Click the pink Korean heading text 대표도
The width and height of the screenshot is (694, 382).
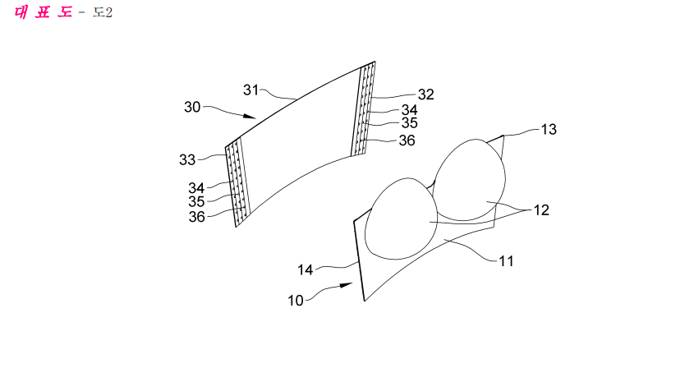coord(43,12)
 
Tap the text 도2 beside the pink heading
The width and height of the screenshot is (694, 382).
coord(102,12)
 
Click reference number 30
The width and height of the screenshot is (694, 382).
coord(192,107)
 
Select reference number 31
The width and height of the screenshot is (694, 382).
coord(251,90)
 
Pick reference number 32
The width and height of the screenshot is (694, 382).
coord(425,94)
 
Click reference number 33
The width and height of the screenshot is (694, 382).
coord(187,160)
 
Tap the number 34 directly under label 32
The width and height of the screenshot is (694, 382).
coord(409,110)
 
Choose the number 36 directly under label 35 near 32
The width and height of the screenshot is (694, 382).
coord(407,140)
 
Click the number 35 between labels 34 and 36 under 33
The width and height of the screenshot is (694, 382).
coord(196,202)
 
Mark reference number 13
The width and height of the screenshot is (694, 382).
coord(549,130)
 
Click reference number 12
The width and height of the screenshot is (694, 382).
coord(541,209)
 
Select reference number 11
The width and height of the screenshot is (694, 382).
coord(507,261)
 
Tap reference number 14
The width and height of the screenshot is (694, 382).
coord(305,270)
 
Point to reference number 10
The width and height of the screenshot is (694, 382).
coord(296,301)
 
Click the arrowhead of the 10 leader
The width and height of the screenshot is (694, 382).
coord(347,286)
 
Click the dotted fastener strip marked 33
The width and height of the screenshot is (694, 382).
coord(238,182)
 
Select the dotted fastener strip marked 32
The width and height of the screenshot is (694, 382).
coord(363,108)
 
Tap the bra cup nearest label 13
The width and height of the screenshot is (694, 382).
coord(470,180)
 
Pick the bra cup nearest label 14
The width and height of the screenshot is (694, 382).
coord(402,219)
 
